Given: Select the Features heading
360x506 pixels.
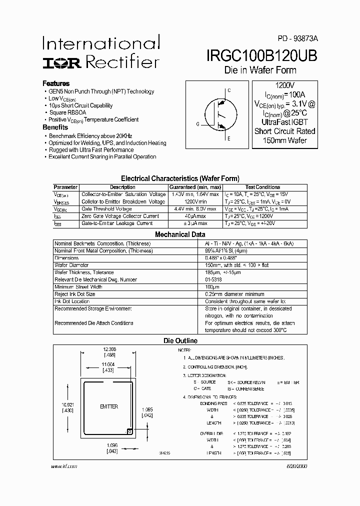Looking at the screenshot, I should [56, 83].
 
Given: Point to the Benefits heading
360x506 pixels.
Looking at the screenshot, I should [55, 127].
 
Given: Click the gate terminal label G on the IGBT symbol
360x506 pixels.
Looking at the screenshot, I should [197, 124].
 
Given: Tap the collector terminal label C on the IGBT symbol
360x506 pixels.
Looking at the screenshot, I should [229, 91].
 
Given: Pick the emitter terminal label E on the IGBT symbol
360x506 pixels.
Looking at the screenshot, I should [229, 138].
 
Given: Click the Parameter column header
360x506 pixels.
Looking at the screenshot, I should [65, 187].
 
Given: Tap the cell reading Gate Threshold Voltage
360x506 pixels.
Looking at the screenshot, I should [106, 209].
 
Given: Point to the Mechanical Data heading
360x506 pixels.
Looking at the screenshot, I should [180, 234].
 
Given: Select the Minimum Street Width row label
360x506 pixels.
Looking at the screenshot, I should [78, 287].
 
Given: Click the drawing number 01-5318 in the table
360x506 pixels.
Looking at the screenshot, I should [213, 279].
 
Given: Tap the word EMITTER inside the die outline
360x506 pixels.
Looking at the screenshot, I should [108, 406].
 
